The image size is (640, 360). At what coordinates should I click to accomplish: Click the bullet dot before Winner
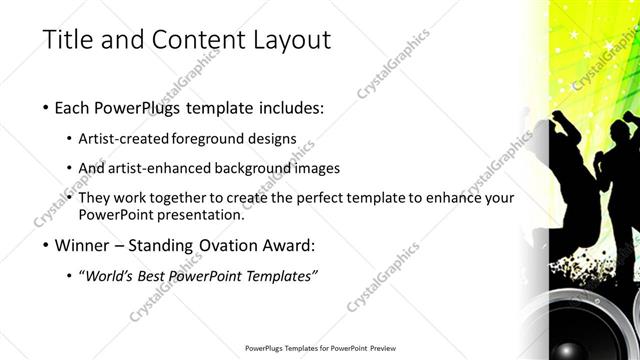click(47, 245)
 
